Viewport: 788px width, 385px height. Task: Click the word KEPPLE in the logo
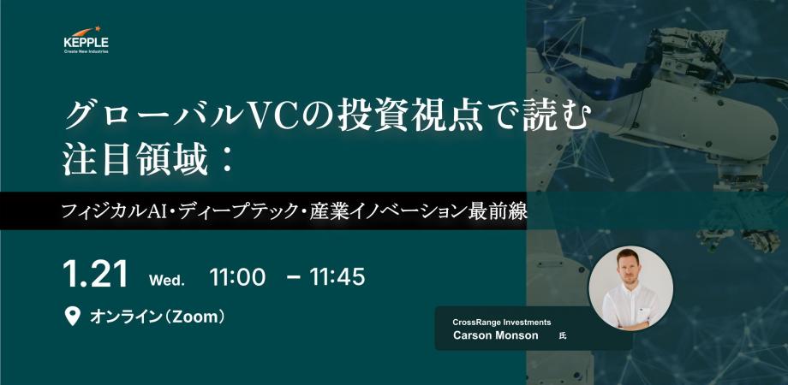point(86,41)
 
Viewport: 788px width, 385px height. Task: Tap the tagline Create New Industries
point(86,50)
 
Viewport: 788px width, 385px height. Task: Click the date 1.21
point(96,275)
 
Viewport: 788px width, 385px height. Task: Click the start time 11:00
point(237,277)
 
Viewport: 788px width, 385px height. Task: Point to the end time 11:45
point(337,277)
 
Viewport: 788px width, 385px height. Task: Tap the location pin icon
point(73,317)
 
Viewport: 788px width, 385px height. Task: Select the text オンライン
point(125,317)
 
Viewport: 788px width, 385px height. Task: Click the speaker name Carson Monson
point(496,335)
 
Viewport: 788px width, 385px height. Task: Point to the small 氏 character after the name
point(562,336)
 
